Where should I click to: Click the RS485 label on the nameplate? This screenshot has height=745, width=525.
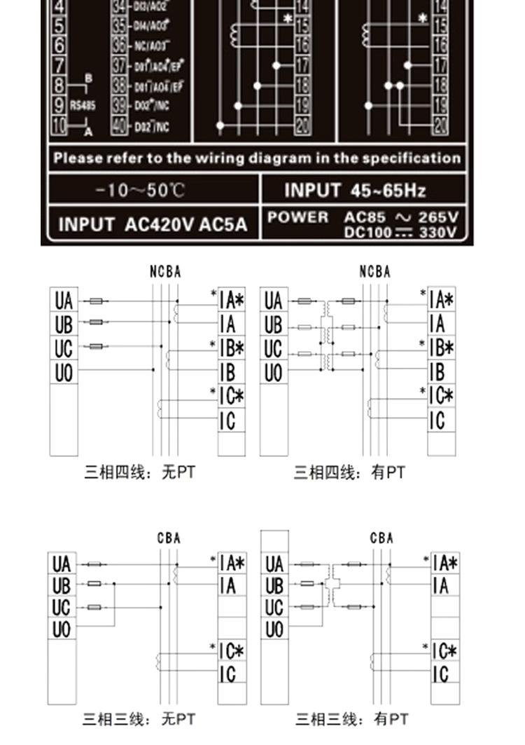(83, 106)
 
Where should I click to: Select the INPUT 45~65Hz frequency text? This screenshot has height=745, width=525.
(355, 190)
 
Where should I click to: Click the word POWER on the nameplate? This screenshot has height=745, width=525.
(297, 217)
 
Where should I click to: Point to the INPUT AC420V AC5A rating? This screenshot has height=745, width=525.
(153, 225)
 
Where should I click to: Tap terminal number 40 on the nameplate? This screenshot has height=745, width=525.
(120, 127)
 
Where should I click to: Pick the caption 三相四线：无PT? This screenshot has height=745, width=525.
(139, 473)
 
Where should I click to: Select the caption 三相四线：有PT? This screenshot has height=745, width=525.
(349, 473)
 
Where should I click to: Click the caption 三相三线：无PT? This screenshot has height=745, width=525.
(139, 719)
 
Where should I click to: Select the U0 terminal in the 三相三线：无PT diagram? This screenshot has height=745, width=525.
(62, 629)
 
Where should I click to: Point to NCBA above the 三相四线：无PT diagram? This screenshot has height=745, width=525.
(165, 272)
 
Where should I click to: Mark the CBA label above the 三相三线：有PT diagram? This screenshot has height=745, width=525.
(382, 538)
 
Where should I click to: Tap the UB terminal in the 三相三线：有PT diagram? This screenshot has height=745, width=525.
(274, 585)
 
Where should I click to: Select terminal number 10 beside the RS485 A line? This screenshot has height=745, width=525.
(59, 127)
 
